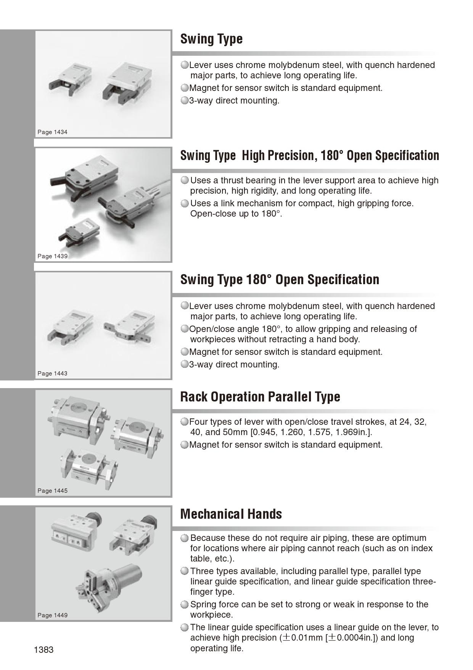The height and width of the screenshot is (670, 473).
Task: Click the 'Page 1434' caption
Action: tap(52, 132)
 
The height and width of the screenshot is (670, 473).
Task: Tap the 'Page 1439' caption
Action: tap(52, 256)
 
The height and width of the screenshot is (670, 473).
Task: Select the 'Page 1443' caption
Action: tap(52, 374)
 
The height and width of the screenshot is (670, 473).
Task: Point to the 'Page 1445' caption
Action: tap(52, 491)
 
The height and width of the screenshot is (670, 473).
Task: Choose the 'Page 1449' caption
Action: tap(52, 615)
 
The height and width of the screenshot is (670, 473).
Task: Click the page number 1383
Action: tap(43, 650)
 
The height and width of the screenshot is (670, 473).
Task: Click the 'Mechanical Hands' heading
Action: tap(231, 514)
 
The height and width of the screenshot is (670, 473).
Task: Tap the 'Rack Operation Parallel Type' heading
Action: tap(260, 397)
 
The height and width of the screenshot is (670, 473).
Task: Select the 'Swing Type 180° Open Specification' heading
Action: tap(280, 280)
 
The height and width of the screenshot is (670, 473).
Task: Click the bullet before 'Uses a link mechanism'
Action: tap(185, 204)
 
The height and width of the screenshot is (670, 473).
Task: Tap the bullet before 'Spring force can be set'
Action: tap(185, 605)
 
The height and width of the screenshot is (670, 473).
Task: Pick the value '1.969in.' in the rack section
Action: tap(353, 432)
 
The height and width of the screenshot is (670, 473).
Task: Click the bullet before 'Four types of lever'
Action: tap(185, 422)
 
